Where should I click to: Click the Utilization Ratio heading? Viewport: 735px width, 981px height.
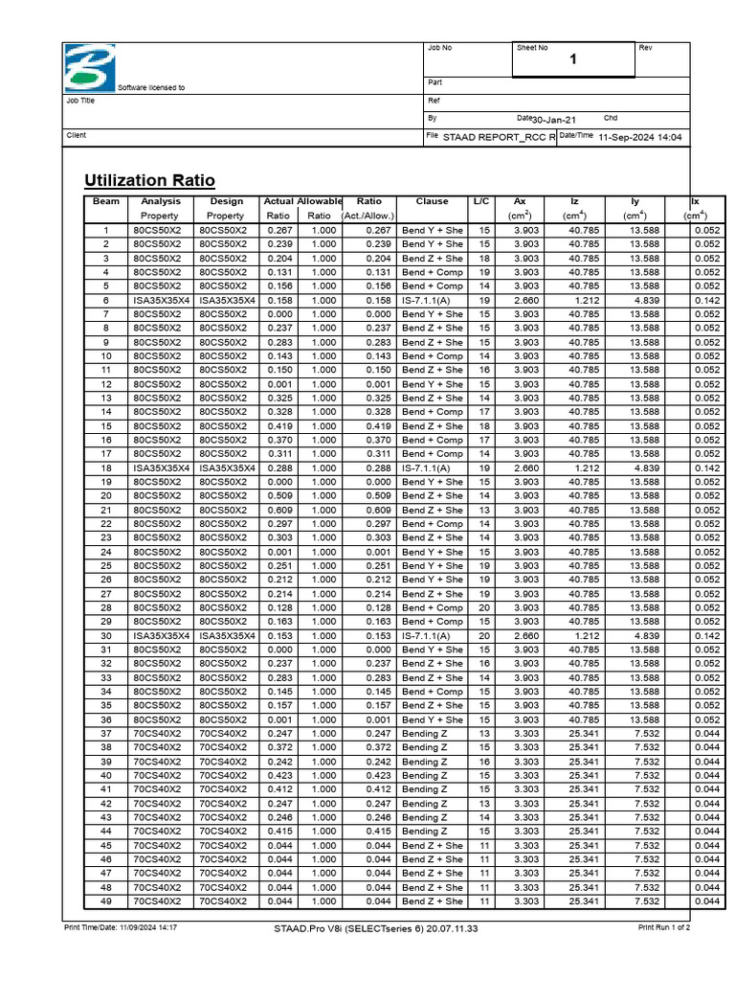click(x=149, y=181)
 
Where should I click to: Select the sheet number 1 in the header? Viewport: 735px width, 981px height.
click(x=573, y=60)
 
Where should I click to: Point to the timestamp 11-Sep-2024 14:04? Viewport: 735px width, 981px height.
click(x=639, y=138)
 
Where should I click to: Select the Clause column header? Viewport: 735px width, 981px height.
click(x=432, y=202)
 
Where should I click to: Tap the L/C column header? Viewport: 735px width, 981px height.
click(x=481, y=202)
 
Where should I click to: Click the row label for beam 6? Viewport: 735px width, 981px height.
click(x=106, y=300)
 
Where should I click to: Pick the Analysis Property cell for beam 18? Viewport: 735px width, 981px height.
click(x=161, y=468)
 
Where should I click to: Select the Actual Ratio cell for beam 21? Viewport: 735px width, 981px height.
click(x=278, y=511)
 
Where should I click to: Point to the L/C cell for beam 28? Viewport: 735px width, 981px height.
click(x=483, y=608)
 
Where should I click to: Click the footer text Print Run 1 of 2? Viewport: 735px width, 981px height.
click(x=664, y=928)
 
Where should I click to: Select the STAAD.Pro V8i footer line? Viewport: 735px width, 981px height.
click(x=375, y=928)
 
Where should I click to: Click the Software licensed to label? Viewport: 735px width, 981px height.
click(x=151, y=87)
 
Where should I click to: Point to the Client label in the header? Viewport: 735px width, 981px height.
click(x=76, y=136)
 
